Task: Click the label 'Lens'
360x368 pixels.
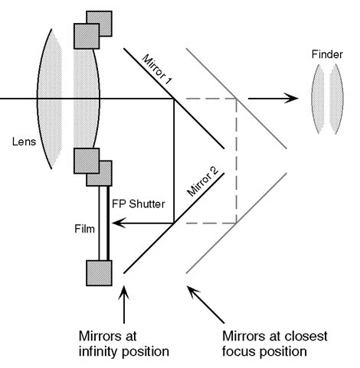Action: [24, 142]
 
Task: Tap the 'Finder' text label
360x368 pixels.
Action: [327, 54]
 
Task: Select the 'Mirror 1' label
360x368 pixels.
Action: [157, 70]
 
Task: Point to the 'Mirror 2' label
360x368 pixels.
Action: [203, 181]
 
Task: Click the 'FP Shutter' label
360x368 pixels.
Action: [139, 204]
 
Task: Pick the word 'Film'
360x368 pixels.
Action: [84, 229]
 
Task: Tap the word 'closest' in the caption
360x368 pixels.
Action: [306, 336]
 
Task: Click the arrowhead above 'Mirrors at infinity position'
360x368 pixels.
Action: [124, 292]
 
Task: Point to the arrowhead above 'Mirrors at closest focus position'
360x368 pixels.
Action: [193, 291]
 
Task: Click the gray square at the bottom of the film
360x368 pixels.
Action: [99, 273]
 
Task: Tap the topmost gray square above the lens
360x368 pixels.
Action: [99, 24]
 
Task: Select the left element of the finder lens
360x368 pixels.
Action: [318, 99]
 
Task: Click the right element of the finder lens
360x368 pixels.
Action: [336, 99]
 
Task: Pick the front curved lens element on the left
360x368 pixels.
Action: [50, 99]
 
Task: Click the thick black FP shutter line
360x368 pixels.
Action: [108, 223]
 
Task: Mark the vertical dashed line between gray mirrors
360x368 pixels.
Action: [237, 161]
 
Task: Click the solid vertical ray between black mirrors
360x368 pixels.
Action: [174, 161]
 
